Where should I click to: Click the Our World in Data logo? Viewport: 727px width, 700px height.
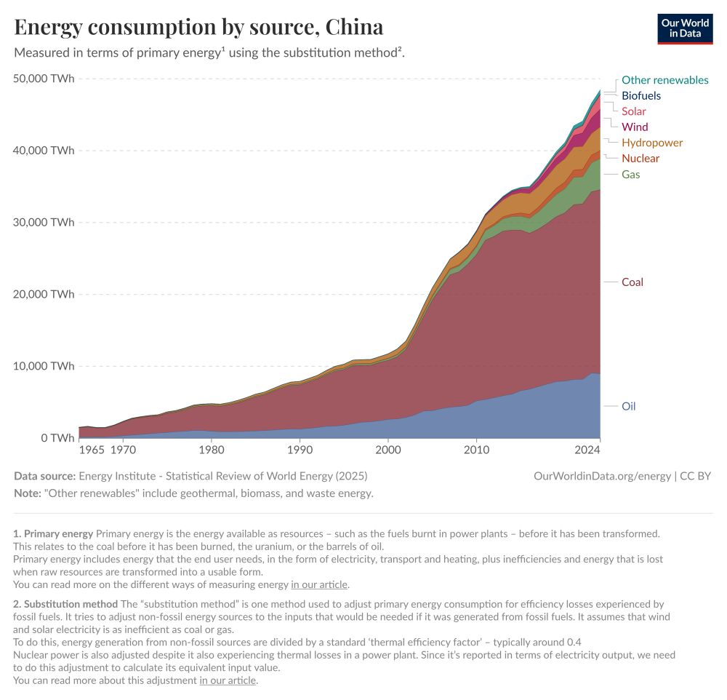pyautogui.click(x=684, y=28)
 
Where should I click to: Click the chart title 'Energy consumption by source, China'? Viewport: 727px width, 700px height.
pyautogui.click(x=198, y=27)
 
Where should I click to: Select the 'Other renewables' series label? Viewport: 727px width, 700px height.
pyautogui.click(x=664, y=80)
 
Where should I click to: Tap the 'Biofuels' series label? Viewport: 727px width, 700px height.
pyautogui.click(x=640, y=95)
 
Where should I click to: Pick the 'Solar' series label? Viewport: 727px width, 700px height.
pyautogui.click(x=633, y=111)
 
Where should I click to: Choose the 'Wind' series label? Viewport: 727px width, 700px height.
pyautogui.click(x=634, y=127)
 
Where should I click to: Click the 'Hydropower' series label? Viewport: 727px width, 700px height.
pyautogui.click(x=651, y=143)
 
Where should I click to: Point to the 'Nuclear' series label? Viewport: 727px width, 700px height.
pyautogui.click(x=640, y=158)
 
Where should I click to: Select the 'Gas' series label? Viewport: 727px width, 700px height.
pyautogui.click(x=630, y=174)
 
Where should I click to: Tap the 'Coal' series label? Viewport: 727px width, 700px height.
pyautogui.click(x=632, y=282)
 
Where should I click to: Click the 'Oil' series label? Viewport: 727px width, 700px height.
pyautogui.click(x=628, y=406)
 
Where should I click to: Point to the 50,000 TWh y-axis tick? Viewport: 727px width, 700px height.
pyautogui.click(x=44, y=79)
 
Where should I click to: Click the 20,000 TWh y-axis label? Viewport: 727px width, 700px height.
pyautogui.click(x=44, y=294)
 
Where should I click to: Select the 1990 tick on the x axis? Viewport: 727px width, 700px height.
pyautogui.click(x=300, y=450)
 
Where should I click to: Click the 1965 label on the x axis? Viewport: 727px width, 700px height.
pyautogui.click(x=92, y=450)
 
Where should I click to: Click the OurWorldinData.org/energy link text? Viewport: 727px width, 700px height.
pyautogui.click(x=602, y=476)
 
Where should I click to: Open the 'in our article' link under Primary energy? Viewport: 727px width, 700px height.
pyautogui.click(x=319, y=584)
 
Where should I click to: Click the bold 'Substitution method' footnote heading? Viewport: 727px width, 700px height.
pyautogui.click(x=71, y=604)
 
